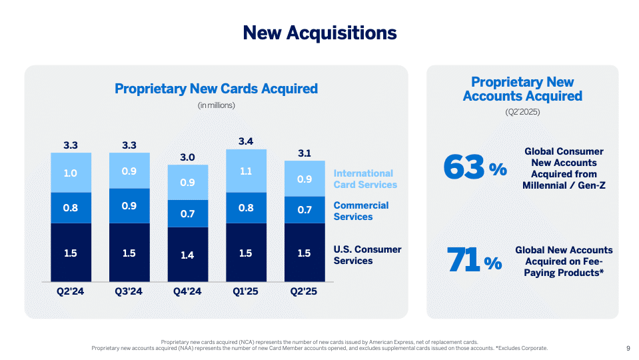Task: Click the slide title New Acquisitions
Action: (319, 33)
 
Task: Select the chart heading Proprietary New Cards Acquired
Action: (216, 89)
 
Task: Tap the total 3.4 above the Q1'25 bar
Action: (246, 141)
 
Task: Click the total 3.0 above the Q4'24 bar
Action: (187, 157)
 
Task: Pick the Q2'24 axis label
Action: (71, 291)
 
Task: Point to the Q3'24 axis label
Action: (129, 291)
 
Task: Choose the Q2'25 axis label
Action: (305, 291)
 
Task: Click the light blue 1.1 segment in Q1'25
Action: (246, 171)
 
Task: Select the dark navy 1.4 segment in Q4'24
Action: (187, 255)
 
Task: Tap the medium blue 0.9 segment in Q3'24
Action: (129, 206)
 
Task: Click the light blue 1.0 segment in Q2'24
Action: (71, 173)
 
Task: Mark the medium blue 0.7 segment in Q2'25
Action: (305, 210)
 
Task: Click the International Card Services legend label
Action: (364, 179)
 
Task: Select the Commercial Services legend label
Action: (361, 211)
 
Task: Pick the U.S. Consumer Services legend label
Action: (367, 255)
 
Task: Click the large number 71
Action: (464, 261)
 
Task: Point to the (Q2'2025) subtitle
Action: (522, 112)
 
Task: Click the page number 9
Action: (628, 348)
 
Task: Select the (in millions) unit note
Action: (216, 105)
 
